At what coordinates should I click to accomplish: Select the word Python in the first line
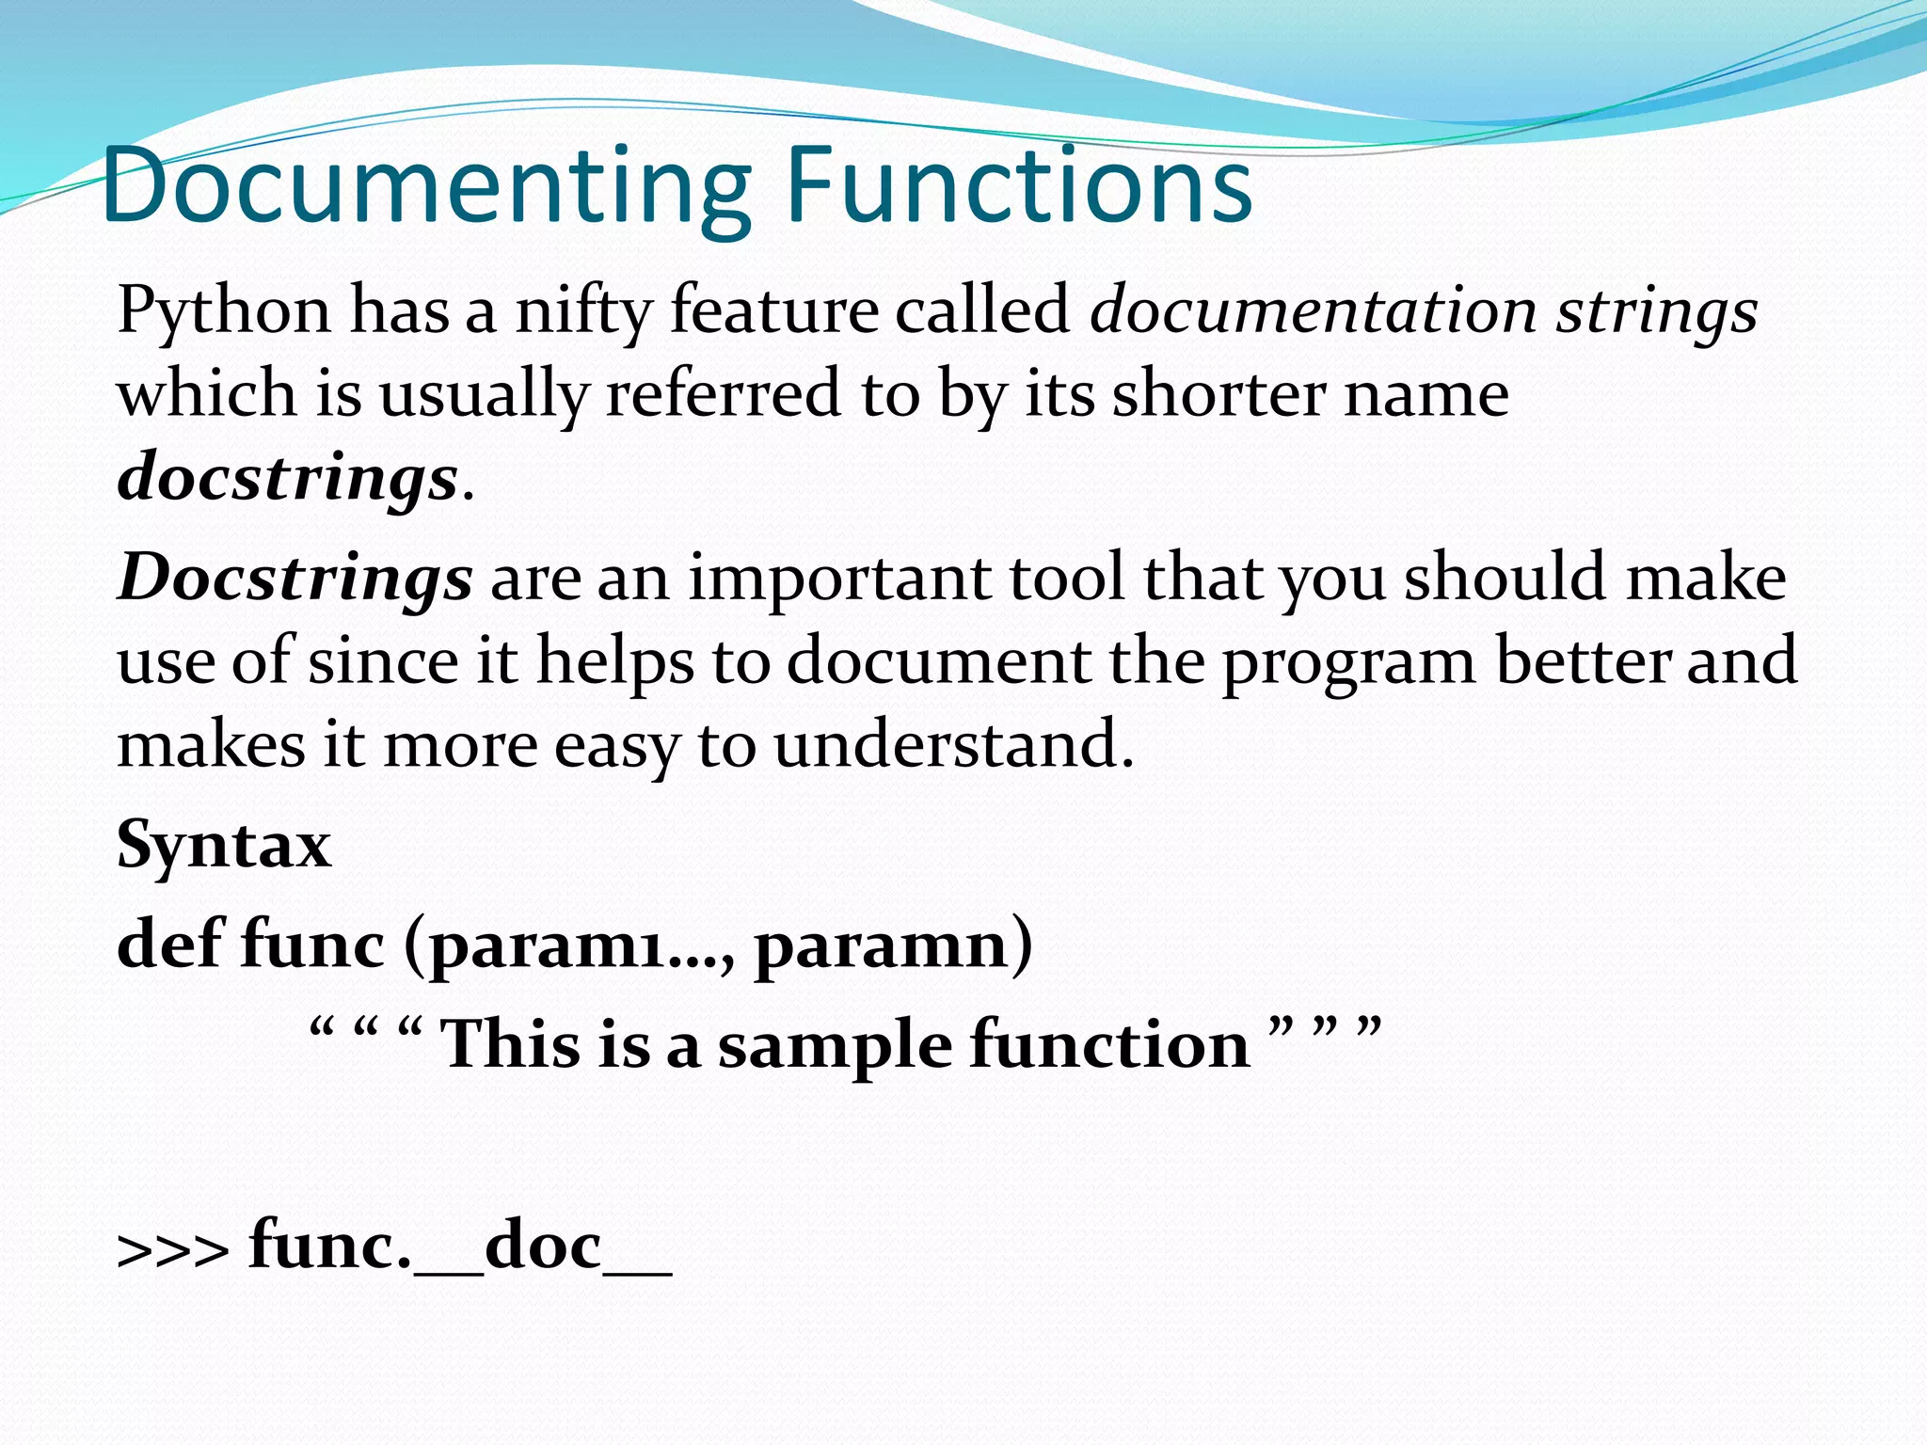pyautogui.click(x=224, y=310)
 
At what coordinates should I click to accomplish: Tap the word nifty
pyautogui.click(x=583, y=310)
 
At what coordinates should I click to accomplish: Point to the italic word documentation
pyautogui.click(x=1314, y=310)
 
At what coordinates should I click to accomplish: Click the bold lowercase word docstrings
pyautogui.click(x=288, y=478)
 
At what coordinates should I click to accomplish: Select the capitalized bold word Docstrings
pyautogui.click(x=295, y=578)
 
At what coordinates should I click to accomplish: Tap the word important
pyautogui.click(x=838, y=578)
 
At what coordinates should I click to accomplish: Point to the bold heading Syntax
pyautogui.click(x=224, y=845)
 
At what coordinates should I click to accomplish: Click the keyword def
pyautogui.click(x=170, y=943)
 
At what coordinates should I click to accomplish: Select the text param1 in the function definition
pyautogui.click(x=546, y=945)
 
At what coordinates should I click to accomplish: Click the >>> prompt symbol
pyautogui.click(x=172, y=1251)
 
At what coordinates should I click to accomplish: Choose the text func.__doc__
pyautogui.click(x=460, y=1247)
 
